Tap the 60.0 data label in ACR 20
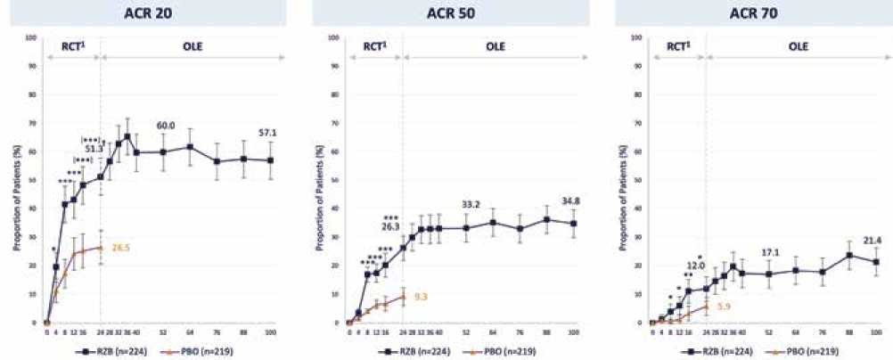164,126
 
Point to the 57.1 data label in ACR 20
267,133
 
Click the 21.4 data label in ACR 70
872,240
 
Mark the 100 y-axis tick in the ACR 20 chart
33,38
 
